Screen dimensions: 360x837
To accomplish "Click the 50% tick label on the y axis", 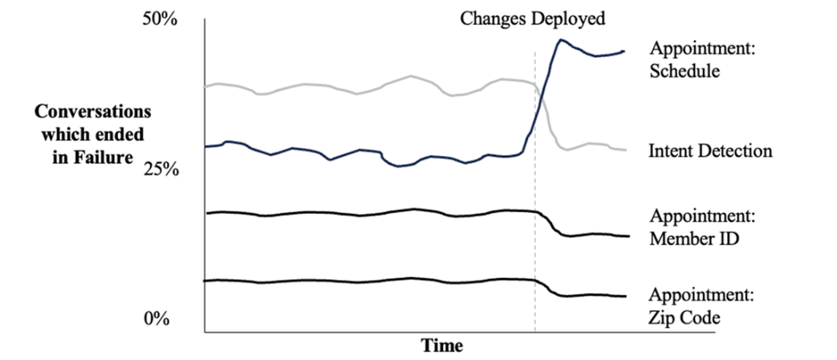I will (160, 20).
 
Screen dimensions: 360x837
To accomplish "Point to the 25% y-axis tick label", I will (160, 169).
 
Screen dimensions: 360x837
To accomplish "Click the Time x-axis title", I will (443, 346).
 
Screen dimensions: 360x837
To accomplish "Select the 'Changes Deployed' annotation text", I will (533, 19).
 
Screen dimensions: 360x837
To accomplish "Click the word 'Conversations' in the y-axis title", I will (92, 112).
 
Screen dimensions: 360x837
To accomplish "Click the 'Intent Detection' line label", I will (710, 151).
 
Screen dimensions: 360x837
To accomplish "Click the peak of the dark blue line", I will (561, 40).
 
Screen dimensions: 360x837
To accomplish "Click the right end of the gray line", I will (625, 150).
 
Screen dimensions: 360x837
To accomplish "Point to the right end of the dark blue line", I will (624, 51).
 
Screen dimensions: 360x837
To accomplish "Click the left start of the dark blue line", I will (206, 146).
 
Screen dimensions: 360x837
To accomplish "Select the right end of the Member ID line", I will (629, 236).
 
